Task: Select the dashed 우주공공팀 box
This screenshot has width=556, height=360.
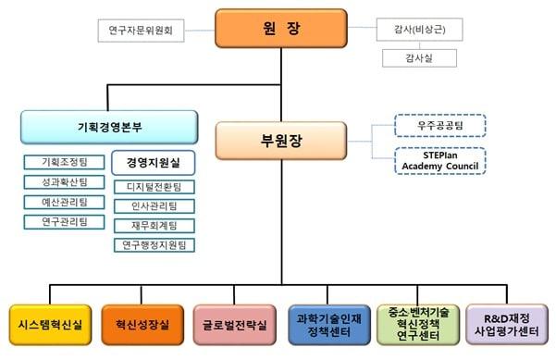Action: pyautogui.click(x=439, y=123)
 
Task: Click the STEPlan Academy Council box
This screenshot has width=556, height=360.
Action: pyautogui.click(x=439, y=159)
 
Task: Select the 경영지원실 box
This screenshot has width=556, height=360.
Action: pyautogui.click(x=154, y=163)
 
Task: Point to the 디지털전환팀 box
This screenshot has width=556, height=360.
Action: pyautogui.click(x=154, y=186)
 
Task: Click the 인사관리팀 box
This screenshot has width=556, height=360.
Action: pyautogui.click(x=154, y=205)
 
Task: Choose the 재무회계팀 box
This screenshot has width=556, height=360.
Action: pyautogui.click(x=154, y=225)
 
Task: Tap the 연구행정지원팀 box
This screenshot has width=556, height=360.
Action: pyautogui.click(x=154, y=244)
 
